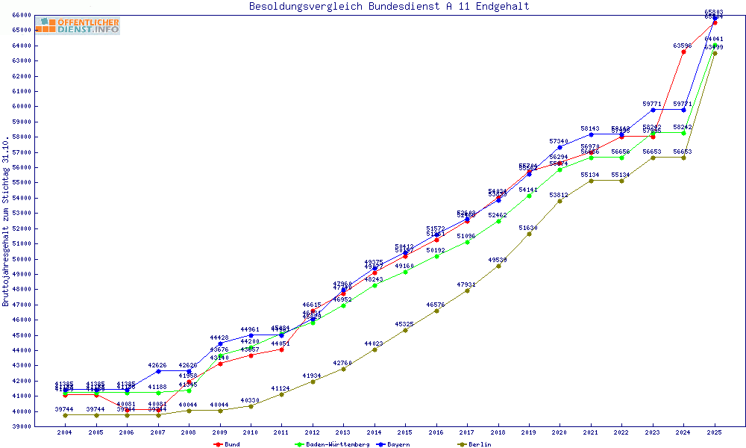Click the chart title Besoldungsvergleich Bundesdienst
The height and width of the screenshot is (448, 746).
[389, 7]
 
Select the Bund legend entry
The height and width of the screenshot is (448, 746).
[228, 444]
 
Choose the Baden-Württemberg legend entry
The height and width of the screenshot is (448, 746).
[331, 444]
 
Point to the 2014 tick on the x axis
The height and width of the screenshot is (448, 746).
[374, 432]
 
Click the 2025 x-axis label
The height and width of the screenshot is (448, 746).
[715, 432]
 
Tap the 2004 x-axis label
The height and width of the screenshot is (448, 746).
[65, 432]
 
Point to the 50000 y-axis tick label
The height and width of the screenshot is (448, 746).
[21, 258]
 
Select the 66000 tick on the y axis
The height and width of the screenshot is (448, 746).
[21, 15]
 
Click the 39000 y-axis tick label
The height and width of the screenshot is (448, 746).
[21, 426]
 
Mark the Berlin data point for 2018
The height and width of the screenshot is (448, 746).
[498, 266]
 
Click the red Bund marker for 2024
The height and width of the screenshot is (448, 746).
[683, 52]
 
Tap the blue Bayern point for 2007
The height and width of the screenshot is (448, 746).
[158, 371]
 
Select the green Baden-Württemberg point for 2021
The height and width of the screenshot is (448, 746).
[591, 158]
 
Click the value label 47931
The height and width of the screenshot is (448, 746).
[467, 284]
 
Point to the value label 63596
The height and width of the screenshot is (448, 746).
[682, 46]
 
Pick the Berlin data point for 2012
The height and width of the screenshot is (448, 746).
[313, 382]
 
